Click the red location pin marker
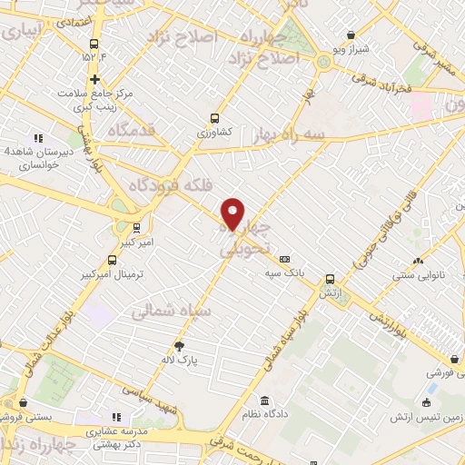click(233, 213)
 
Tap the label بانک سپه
click(284, 272)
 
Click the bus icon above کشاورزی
click(215, 118)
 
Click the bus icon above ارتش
click(330, 281)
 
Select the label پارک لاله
click(182, 360)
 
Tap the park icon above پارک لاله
click(179, 345)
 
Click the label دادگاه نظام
click(264, 414)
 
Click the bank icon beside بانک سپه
click(284, 258)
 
